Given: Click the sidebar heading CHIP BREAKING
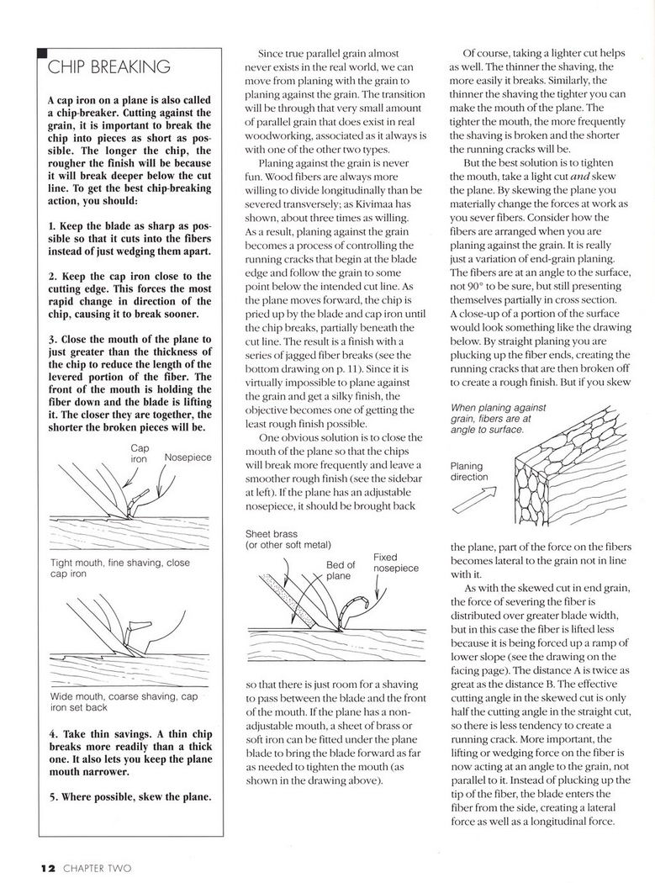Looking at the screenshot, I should [108, 67].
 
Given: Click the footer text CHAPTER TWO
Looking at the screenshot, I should [95, 866].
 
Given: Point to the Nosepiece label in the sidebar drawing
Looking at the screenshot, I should [188, 457].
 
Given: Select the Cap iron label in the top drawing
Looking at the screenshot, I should [140, 454].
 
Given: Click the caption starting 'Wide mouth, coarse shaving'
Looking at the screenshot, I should [124, 701].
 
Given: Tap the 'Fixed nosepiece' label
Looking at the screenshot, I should [395, 563].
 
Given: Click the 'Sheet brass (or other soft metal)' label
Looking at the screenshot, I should [288, 539].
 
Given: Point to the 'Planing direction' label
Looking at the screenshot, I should [469, 471].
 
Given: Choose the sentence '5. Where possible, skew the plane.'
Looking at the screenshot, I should [129, 796].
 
